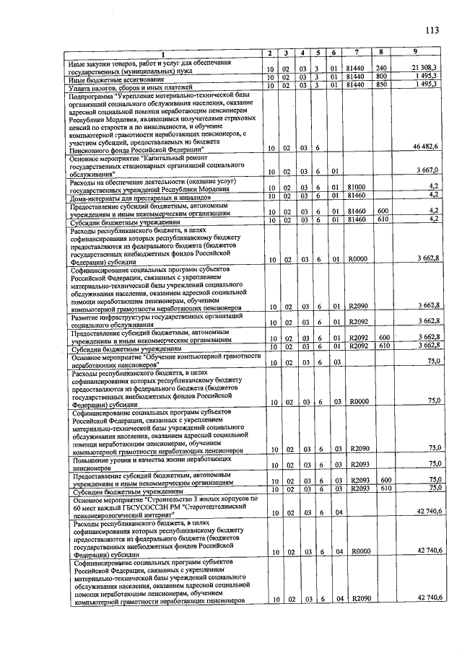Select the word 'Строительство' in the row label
click(175, 499)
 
